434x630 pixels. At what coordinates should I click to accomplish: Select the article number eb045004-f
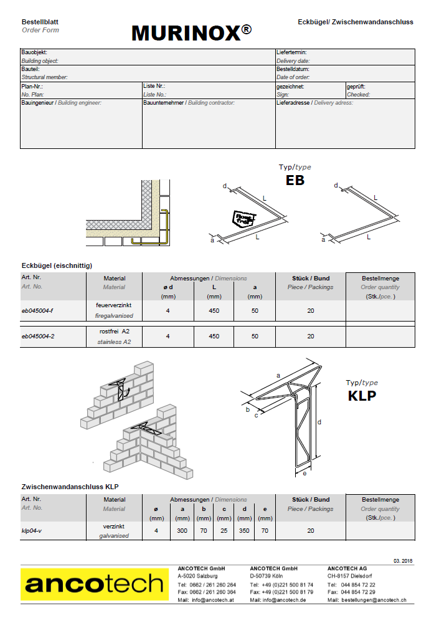pos(37,310)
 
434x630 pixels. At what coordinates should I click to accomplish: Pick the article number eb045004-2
pos(38,336)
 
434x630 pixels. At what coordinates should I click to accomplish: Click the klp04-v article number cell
pos(32,530)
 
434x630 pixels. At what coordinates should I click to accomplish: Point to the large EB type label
pos(295,181)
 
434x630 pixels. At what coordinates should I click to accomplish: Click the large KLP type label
pos(362,395)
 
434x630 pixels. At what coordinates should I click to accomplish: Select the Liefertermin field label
pos(291,53)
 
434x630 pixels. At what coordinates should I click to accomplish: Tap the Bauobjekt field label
pos(34,53)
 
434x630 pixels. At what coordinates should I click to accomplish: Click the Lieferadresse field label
pos(293,102)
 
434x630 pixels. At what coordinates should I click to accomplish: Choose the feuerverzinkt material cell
pos(114,305)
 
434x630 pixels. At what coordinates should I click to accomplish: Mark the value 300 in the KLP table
pos(182,530)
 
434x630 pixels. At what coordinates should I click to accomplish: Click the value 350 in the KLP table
pos(244,530)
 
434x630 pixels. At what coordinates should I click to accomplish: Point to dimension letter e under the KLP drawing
pos(304,474)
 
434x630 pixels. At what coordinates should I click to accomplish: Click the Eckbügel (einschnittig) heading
pos(57,265)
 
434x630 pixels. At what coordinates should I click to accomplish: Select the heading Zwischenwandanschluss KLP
pos(70,486)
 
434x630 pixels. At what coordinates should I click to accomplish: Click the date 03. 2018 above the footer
pos(403,561)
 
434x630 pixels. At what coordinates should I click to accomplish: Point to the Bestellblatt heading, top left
pos(40,22)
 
